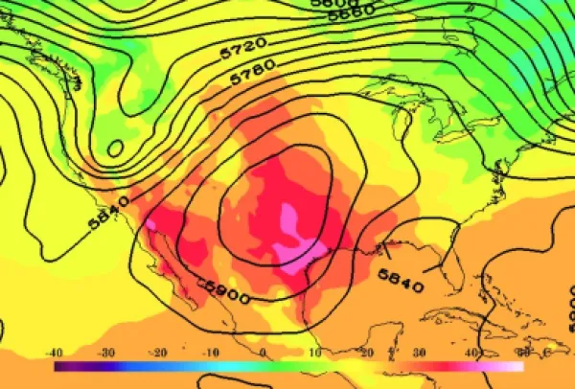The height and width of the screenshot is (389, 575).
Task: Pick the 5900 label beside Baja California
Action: [x=227, y=290]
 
